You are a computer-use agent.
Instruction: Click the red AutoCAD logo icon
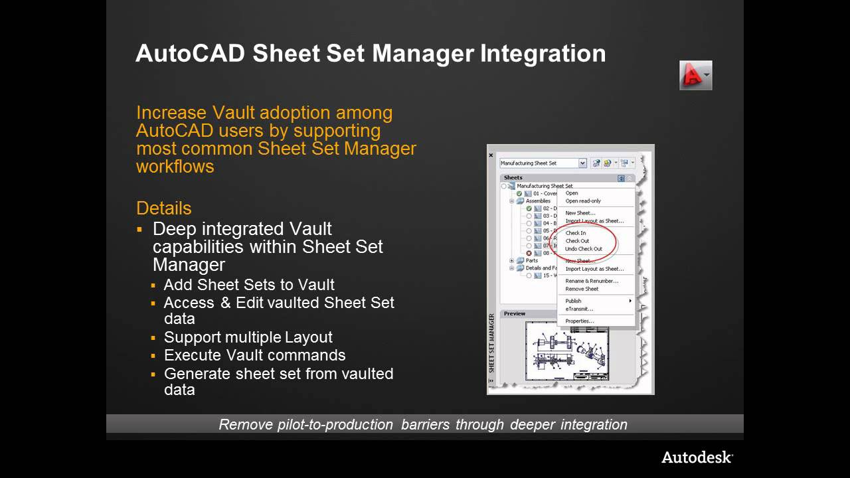695,75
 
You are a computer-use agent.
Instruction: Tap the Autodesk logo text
697,457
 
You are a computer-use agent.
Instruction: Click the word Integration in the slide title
543,53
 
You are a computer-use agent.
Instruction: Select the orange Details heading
163,208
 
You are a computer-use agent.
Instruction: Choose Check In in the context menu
575,233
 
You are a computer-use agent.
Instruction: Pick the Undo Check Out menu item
583,249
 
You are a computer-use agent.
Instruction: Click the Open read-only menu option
582,201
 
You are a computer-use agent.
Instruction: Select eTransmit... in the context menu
578,309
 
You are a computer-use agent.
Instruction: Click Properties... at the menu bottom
579,321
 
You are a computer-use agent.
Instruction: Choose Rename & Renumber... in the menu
591,281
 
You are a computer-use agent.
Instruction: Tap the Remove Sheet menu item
582,289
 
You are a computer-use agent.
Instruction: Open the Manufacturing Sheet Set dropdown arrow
582,163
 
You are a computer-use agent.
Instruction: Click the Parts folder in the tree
531,261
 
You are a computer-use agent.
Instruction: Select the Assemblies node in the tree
537,201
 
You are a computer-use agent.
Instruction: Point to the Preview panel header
515,313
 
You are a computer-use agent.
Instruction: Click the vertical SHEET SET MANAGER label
492,342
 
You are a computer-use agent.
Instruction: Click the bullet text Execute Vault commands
254,355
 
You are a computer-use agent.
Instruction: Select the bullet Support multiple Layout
248,337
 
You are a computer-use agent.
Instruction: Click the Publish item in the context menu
573,301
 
